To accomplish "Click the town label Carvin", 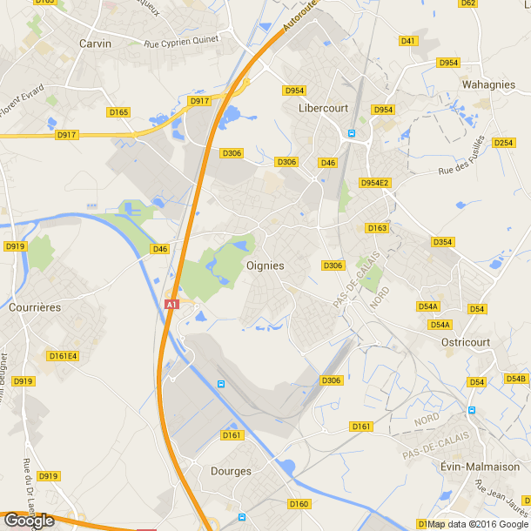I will (95, 43).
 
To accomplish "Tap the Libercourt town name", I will (323, 108).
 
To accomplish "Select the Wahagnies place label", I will (487, 84).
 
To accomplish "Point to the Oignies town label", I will (265, 265).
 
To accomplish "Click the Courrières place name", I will (34, 307).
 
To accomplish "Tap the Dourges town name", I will (231, 471).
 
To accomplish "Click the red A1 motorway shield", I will (171, 305).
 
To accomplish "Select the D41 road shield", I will (408, 41).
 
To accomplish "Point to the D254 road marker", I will (503, 142).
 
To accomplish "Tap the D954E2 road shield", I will (375, 183).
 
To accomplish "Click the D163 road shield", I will (376, 228).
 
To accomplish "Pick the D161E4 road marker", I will (63, 355).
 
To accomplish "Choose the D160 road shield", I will (298, 504).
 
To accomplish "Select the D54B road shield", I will (516, 379).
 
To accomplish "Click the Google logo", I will (29, 520).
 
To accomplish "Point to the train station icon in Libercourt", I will (352, 133).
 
